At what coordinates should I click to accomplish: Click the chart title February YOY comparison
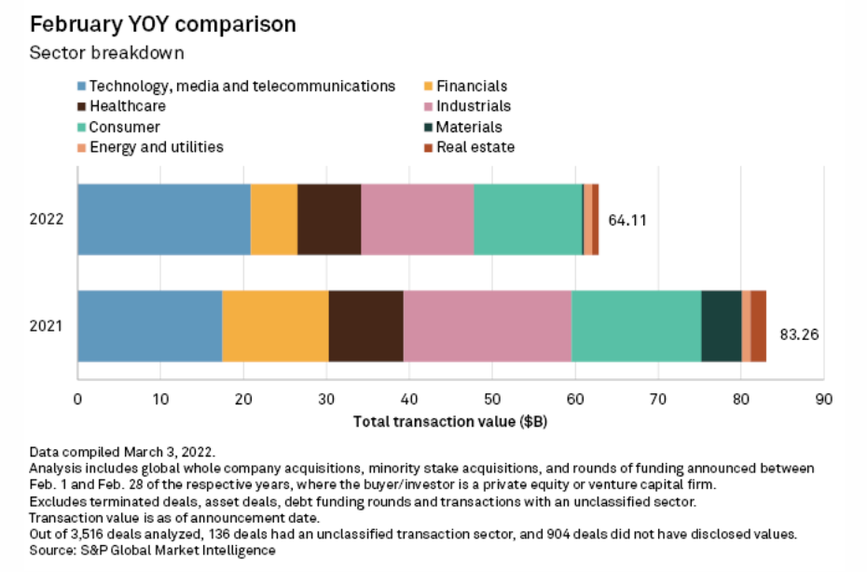coord(163,24)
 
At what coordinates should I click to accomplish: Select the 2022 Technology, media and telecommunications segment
coord(164,219)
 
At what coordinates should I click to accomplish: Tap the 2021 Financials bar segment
coord(275,325)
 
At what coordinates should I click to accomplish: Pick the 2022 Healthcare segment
coord(329,219)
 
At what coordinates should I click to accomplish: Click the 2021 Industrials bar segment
coord(487,325)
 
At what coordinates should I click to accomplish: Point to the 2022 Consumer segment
coord(528,219)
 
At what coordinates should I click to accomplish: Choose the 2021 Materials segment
coord(721,325)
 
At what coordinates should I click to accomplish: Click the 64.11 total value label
coord(626,221)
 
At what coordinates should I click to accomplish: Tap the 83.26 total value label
coord(798,333)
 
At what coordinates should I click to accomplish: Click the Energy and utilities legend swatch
coord(83,147)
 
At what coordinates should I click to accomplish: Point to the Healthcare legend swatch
coord(83,107)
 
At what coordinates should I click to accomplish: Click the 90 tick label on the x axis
coord(824,400)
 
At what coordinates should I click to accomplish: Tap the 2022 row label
coord(47,220)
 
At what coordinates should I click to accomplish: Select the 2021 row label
coord(47,326)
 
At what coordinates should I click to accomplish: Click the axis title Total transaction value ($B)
coord(450,421)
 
